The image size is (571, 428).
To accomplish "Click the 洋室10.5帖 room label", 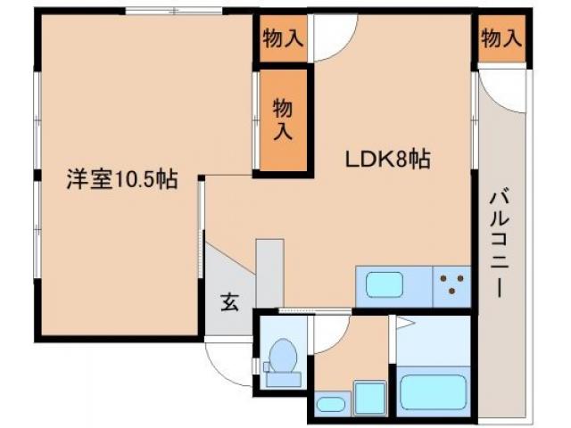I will pos(120,179).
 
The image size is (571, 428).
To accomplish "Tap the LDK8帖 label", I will pos(389,160).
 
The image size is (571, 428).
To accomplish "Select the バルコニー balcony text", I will pos(499,240).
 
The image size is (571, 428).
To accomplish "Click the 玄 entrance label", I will pos(229,301).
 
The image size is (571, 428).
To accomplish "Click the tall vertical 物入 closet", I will pos(283,120).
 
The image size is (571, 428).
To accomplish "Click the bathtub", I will pos(434,392).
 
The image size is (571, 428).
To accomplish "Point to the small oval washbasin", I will pos(331,404).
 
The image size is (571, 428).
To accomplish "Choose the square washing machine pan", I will pos(367,397).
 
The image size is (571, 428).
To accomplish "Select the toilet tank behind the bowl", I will pos(284,378).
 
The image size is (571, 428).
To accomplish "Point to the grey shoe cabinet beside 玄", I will pos(269,272).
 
